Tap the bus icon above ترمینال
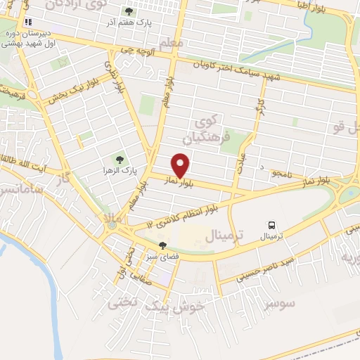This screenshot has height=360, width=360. [271, 225]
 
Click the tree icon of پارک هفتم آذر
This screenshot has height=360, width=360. [129, 11]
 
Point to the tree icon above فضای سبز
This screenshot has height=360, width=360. [163, 246]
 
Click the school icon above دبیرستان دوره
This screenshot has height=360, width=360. [28, 22]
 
